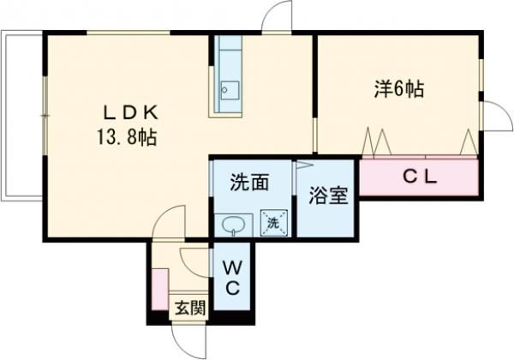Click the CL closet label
[x=421, y=177]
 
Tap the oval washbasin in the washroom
[x=233, y=225]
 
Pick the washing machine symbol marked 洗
[x=273, y=222]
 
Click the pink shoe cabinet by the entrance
[x=158, y=287]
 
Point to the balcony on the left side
[x=22, y=117]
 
